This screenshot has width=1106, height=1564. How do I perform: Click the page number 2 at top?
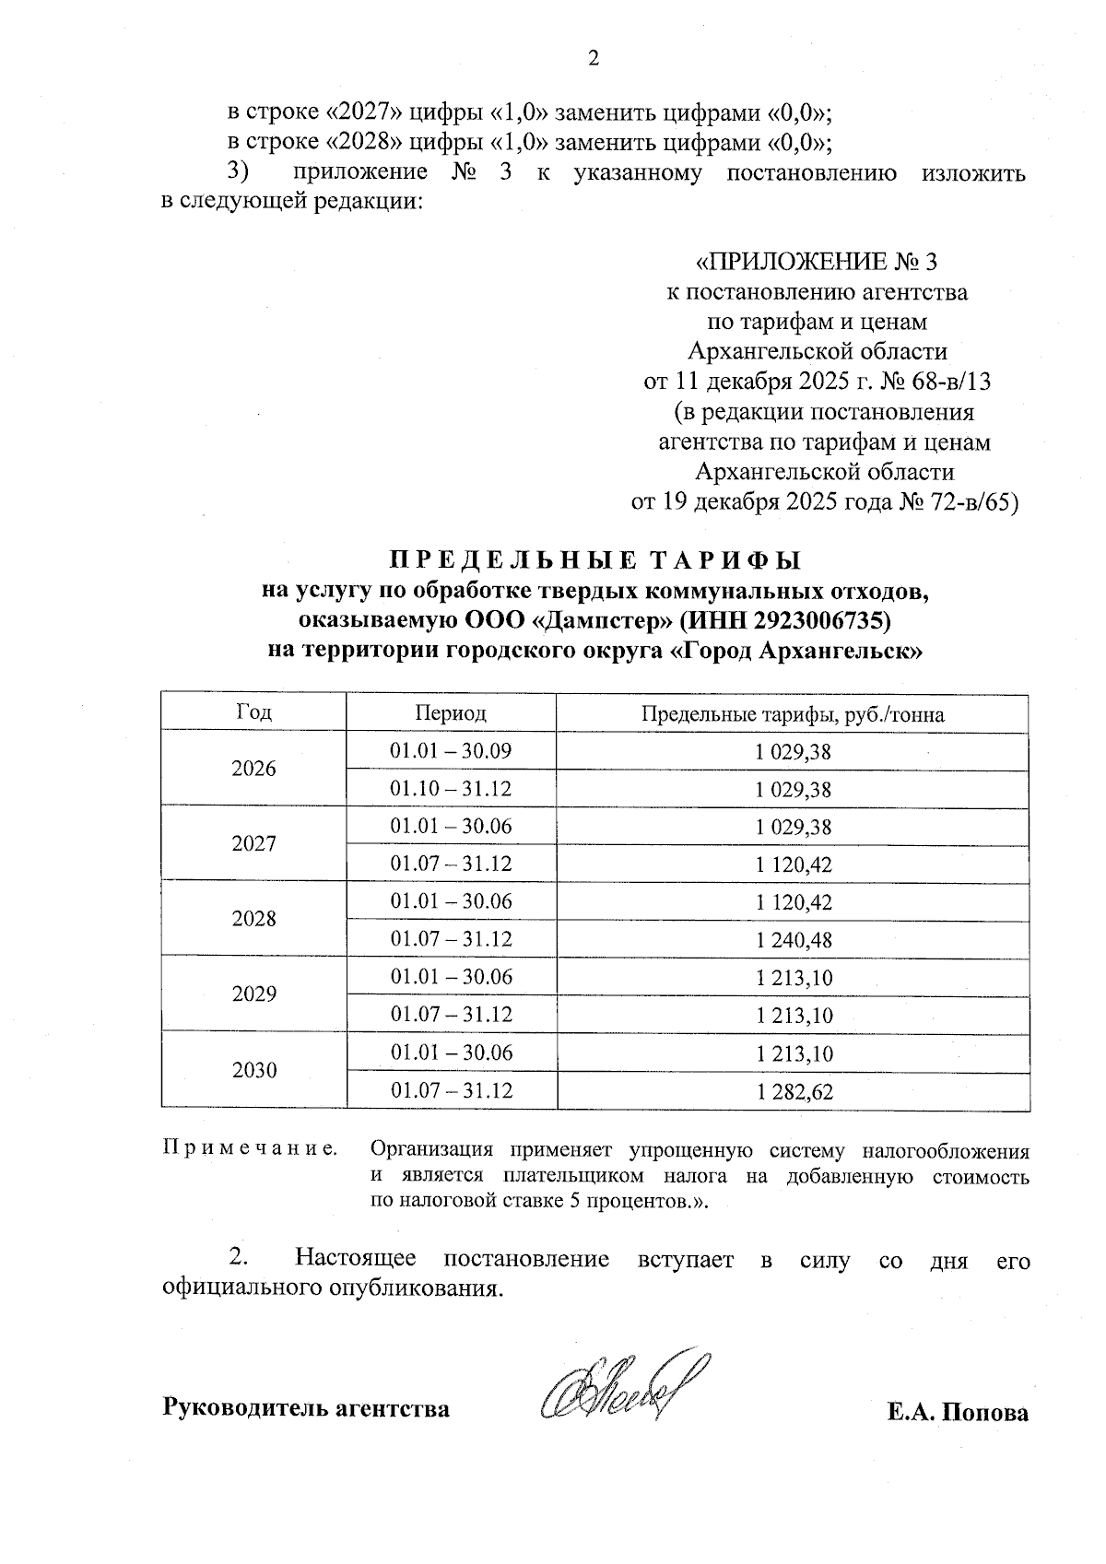pos(593,59)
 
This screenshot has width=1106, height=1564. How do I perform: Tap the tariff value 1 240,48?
pos(793,940)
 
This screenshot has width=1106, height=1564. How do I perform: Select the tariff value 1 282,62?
pos(793,1092)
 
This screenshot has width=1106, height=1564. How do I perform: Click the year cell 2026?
pos(254,770)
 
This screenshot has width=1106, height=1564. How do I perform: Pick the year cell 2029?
pos(254,994)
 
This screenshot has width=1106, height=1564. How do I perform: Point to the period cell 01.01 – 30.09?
pos(451,751)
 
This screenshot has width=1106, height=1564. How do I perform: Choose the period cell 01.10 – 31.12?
pos(451,789)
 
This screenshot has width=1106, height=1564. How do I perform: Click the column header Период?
pos(451,713)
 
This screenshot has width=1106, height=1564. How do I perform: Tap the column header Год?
pos(254,712)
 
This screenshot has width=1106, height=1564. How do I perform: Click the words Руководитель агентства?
pos(306,1409)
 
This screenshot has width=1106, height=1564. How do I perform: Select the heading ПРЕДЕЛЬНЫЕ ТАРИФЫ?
pos(594,560)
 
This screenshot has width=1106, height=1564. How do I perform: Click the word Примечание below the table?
pos(249,1149)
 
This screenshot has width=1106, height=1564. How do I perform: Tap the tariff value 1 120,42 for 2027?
pos(793,864)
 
